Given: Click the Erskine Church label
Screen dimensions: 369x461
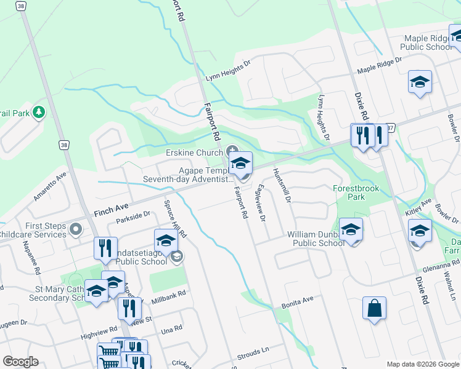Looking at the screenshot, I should click(195, 153).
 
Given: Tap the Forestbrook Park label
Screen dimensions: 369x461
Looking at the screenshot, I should click(357, 193).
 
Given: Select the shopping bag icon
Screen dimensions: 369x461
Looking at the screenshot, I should click(375, 309).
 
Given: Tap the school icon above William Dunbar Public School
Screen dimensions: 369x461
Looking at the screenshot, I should click(351, 230).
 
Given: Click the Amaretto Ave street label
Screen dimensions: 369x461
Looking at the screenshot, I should click(49, 185).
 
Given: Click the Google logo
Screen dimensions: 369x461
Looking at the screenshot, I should click(20, 361).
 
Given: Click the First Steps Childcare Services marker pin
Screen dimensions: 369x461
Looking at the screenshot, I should click(76, 230).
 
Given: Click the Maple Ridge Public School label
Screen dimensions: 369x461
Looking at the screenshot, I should click(427, 42).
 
